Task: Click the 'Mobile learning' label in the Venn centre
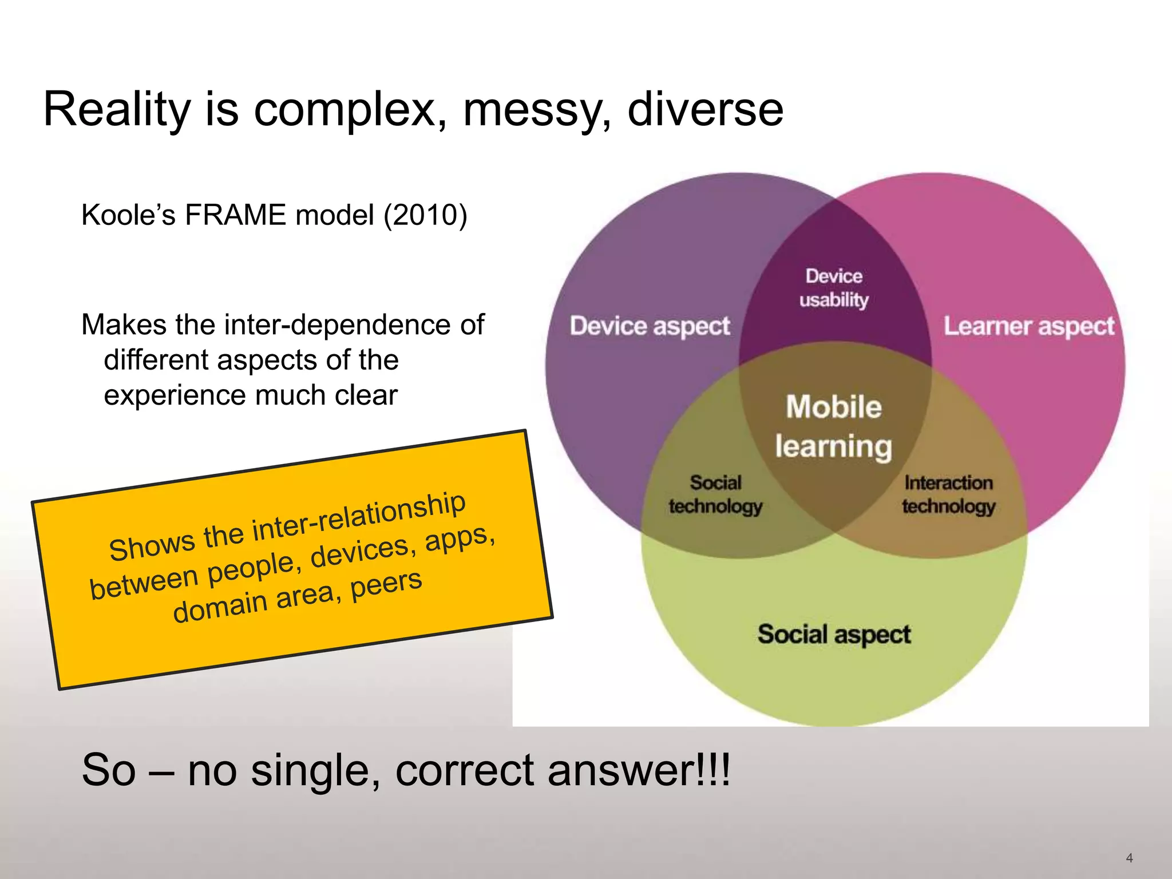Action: click(833, 426)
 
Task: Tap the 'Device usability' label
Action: click(834, 288)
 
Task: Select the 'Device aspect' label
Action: click(650, 326)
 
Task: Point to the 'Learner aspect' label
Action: click(1028, 326)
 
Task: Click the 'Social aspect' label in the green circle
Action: click(834, 634)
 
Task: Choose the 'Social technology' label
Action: click(715, 494)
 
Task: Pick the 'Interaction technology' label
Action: click(948, 494)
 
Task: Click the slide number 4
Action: click(1129, 857)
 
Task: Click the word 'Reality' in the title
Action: click(117, 110)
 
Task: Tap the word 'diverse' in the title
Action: click(705, 110)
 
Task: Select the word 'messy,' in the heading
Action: click(536, 110)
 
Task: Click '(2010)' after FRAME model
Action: click(425, 216)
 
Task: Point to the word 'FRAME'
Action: click(235, 216)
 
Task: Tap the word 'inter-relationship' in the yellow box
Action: click(359, 518)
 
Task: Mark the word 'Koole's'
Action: click(128, 216)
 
